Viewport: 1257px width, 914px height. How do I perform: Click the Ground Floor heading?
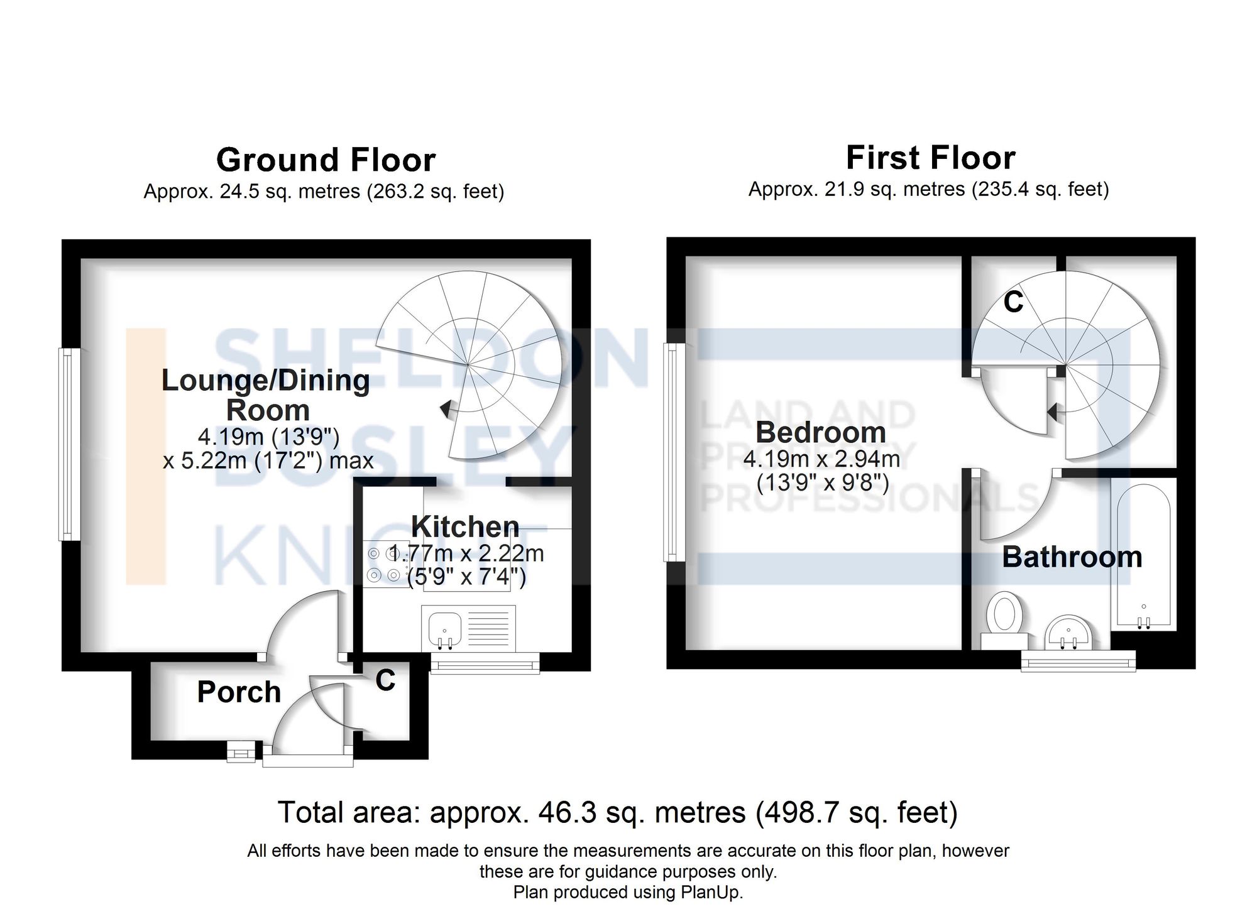(x=326, y=160)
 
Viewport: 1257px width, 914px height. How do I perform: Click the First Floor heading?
(x=930, y=158)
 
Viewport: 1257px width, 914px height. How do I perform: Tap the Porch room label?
(x=239, y=692)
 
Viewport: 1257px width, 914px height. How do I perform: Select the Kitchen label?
(x=465, y=526)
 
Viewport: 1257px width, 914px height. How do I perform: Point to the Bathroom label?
(x=1072, y=557)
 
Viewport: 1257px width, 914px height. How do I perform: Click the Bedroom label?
(x=821, y=432)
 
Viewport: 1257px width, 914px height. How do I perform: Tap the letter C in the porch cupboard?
(x=385, y=680)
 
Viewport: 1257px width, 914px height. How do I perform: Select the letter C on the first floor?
(x=1013, y=302)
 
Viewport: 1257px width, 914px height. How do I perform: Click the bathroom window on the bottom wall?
(x=1078, y=661)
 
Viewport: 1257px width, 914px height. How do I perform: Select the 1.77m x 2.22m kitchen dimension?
(x=466, y=553)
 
